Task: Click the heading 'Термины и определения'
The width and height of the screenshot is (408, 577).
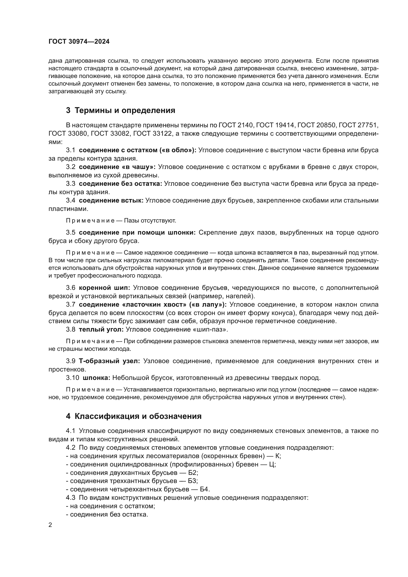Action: pyautogui.click(x=125, y=110)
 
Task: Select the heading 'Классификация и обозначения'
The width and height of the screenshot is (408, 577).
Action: pyautogui.click(x=138, y=416)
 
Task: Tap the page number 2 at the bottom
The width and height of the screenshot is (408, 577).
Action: pyautogui.click(x=50, y=525)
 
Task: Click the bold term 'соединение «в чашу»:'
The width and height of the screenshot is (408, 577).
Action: pyautogui.click(x=117, y=167)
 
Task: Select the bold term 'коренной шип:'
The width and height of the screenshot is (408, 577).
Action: pyautogui.click(x=104, y=287)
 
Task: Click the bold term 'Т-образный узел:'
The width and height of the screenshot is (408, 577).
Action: pyautogui.click(x=109, y=361)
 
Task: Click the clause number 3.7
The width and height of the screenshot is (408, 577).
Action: pyautogui.click(x=71, y=304)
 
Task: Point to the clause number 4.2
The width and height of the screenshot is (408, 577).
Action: pyautogui.click(x=71, y=447)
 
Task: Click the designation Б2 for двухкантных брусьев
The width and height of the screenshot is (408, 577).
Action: pyautogui.click(x=193, y=473)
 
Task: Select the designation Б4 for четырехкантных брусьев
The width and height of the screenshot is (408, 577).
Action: pyautogui.click(x=204, y=489)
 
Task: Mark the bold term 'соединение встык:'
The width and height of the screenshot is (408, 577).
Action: pyautogui.click(x=111, y=200)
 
